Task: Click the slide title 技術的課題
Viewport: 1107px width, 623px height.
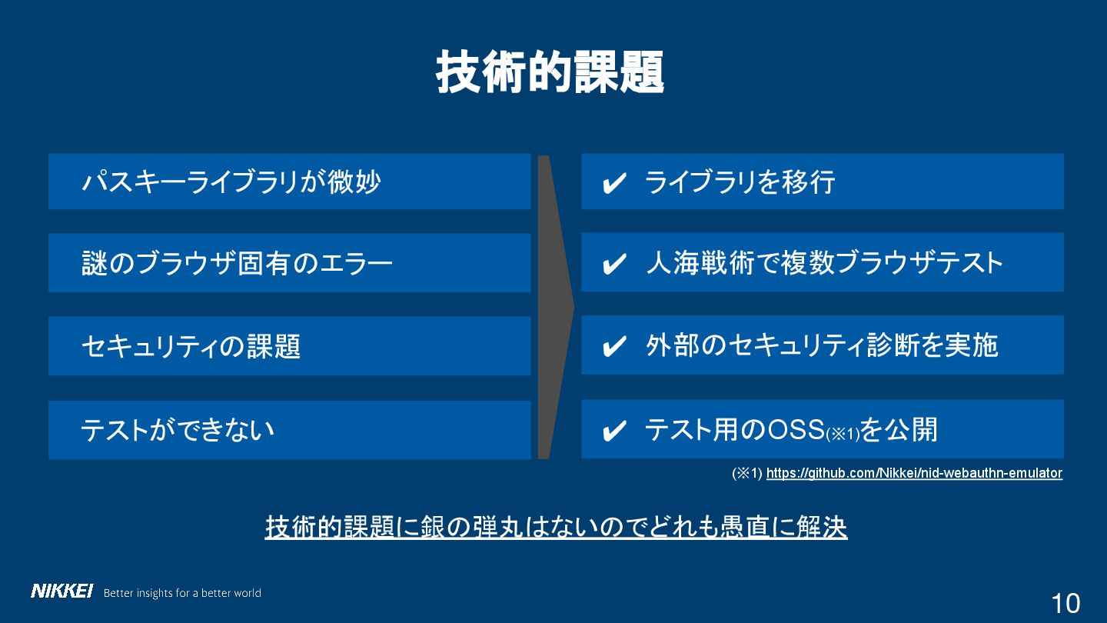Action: pos(550,73)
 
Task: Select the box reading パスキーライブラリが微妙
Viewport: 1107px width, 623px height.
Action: pos(289,182)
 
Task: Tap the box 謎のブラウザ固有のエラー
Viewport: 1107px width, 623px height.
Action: pos(289,263)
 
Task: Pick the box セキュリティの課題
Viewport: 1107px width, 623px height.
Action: pos(289,346)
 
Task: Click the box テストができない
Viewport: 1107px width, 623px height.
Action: pos(289,429)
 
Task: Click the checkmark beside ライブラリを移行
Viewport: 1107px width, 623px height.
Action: pos(614,184)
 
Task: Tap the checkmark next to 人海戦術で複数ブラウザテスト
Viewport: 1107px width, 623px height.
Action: pos(614,265)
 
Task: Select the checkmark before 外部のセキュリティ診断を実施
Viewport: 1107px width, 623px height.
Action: pos(614,347)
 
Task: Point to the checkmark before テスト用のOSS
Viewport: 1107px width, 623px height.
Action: pos(614,431)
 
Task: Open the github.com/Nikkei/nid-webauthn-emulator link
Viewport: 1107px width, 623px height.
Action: pos(914,473)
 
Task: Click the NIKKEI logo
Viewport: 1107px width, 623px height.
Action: pos(61,591)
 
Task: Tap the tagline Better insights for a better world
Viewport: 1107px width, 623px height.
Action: pos(182,593)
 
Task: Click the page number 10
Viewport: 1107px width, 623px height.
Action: pos(1065,603)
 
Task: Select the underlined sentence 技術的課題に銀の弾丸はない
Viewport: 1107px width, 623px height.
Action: pos(556,527)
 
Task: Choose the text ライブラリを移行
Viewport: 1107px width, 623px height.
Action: pos(740,182)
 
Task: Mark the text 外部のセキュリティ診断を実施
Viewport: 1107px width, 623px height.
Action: pos(822,346)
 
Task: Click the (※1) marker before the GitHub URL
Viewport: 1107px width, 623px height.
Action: pos(746,474)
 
